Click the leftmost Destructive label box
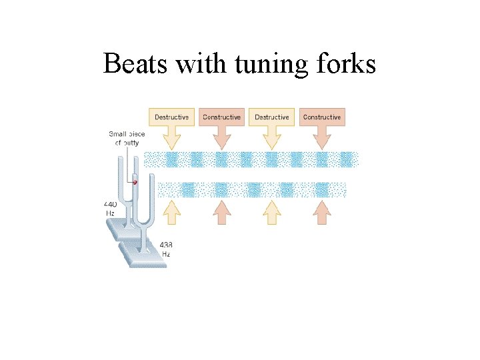pyautogui.click(x=171, y=117)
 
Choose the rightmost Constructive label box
pyautogui.click(x=322, y=117)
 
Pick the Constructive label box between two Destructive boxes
pyautogui.click(x=221, y=117)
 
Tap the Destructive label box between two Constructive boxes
pyautogui.click(x=271, y=117)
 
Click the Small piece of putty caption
pyautogui.click(x=126, y=138)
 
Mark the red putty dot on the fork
pyautogui.click(x=135, y=181)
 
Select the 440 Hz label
pyautogui.click(x=111, y=208)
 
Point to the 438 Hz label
pyautogui.click(x=166, y=249)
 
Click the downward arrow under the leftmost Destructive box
pyautogui.click(x=171, y=139)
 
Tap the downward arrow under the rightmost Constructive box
pyautogui.click(x=322, y=139)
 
